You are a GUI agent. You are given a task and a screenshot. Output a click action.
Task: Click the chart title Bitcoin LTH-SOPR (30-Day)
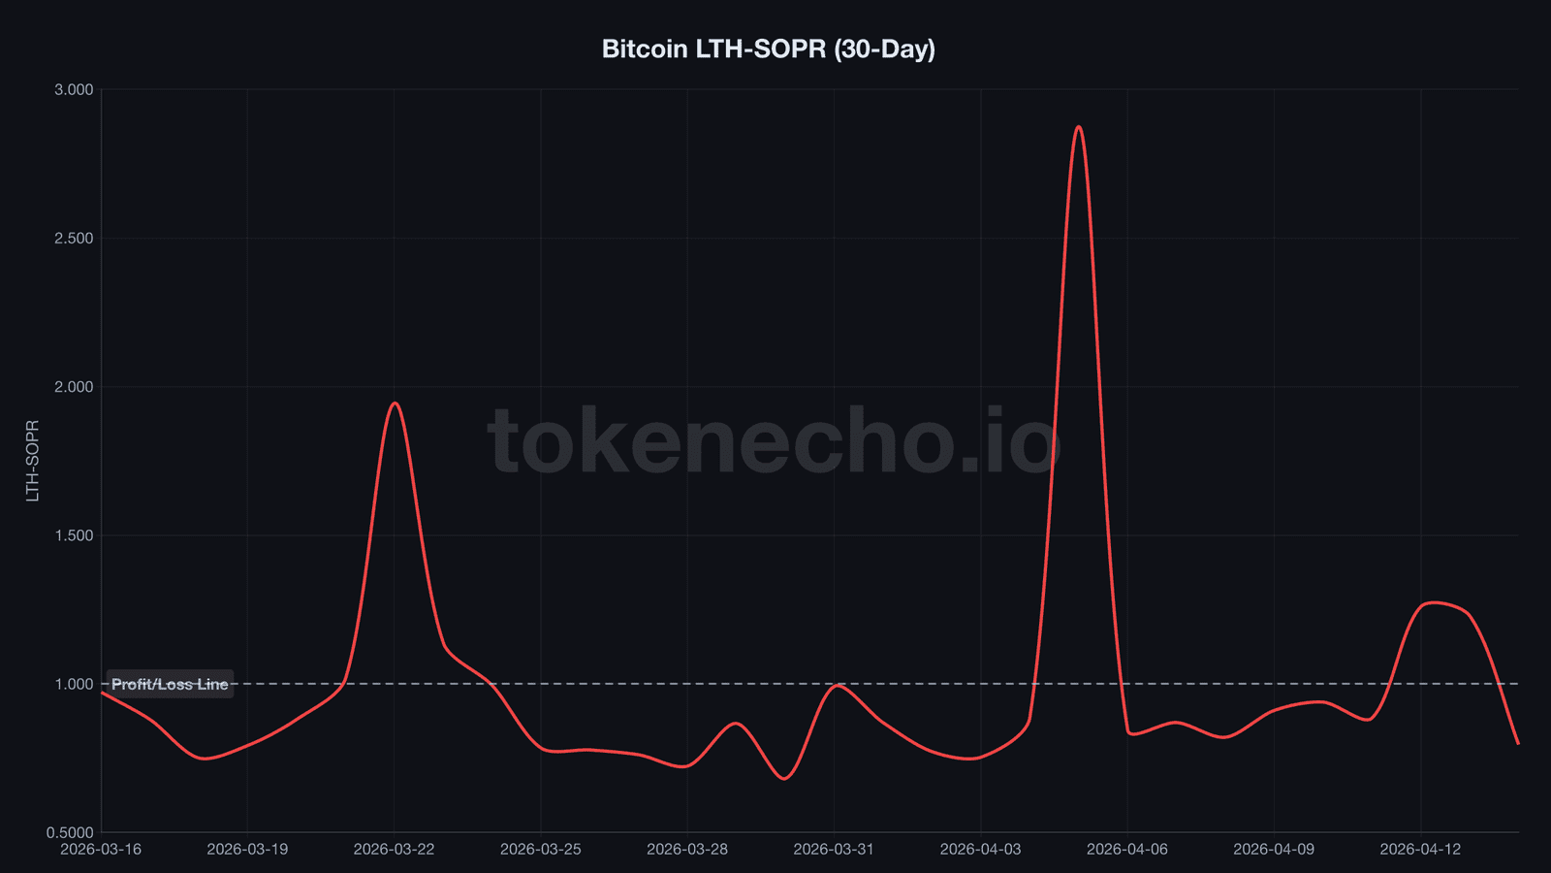[768, 48]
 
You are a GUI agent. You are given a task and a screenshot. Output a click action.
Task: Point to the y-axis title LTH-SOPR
[33, 461]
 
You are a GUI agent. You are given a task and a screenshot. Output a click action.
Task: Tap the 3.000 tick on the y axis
[74, 89]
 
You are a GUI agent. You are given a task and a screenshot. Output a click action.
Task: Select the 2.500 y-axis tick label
[74, 239]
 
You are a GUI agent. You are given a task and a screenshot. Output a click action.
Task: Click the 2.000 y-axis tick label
[74, 387]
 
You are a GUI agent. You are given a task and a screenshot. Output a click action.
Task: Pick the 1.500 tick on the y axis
[74, 535]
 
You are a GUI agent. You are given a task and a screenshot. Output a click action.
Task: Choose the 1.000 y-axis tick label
[74, 684]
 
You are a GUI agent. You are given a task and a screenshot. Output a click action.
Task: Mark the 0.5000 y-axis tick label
[70, 832]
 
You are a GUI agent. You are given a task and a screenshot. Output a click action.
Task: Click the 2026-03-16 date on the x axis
[101, 850]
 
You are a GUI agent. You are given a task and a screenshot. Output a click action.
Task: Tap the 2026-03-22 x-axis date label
[394, 850]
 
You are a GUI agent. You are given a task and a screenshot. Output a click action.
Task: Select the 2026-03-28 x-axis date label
[687, 850]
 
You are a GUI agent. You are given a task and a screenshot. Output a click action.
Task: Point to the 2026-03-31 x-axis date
[834, 850]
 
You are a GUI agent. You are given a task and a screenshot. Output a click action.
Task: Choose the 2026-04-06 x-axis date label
[1127, 850]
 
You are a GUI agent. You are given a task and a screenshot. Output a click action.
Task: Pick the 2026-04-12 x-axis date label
[1420, 850]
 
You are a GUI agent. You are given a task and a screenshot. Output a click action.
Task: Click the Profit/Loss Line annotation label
[170, 684]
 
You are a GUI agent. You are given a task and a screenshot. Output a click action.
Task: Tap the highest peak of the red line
[1079, 127]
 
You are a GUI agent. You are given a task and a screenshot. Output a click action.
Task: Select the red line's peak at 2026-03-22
[395, 403]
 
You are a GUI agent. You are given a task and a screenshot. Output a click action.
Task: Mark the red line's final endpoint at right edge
[1517, 743]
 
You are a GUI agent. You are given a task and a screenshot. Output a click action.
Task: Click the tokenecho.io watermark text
[774, 442]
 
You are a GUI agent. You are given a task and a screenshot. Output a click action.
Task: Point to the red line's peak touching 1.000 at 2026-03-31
[837, 686]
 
